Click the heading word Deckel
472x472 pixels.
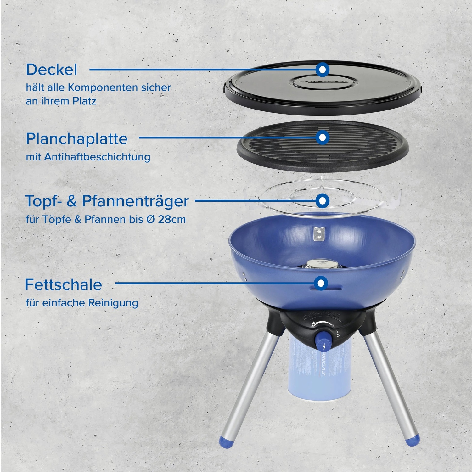[x=51, y=70]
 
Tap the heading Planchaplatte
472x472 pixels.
[x=77, y=139]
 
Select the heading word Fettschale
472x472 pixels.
[x=63, y=285]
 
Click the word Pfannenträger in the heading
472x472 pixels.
[x=135, y=201]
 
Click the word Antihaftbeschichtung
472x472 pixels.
[x=97, y=157]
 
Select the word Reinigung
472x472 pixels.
[x=113, y=303]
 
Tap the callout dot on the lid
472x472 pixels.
[x=322, y=70]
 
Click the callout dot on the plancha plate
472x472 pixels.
[x=322, y=138]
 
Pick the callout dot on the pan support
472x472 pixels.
[x=322, y=200]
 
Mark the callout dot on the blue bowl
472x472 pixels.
[x=321, y=283]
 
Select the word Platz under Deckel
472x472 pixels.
[x=84, y=101]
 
